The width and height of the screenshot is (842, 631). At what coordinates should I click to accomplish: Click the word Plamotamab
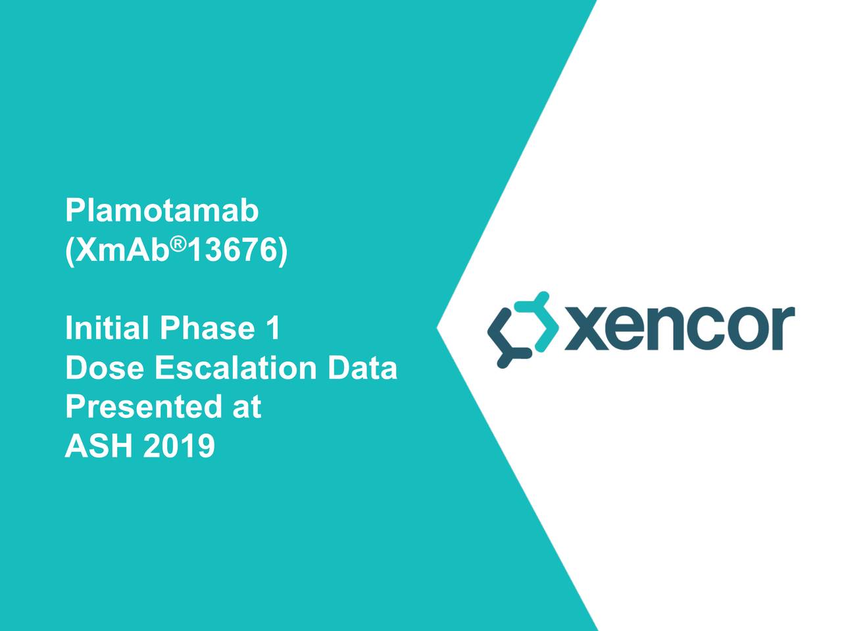coord(162,212)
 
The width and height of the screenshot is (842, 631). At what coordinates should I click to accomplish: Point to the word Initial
coord(107,329)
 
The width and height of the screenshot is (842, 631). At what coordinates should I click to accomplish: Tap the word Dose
coord(105,368)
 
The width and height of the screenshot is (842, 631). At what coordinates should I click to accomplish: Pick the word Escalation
coord(237,368)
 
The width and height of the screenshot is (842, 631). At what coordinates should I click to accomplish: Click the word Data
coord(362,368)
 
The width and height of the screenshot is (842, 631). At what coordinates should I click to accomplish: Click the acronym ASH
coord(99,447)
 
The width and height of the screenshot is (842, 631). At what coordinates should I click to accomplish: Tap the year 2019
coord(178,447)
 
